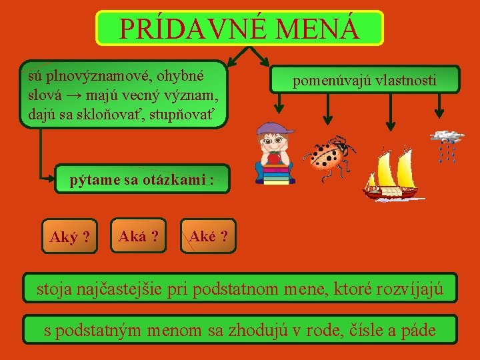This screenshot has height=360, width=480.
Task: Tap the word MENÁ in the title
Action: point(316,29)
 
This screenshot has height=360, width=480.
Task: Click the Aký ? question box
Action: point(70,236)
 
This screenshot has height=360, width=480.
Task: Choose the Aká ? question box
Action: point(138,235)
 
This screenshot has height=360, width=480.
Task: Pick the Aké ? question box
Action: point(209,236)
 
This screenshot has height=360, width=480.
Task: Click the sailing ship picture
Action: point(391,174)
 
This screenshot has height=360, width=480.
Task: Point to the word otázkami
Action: point(175,180)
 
